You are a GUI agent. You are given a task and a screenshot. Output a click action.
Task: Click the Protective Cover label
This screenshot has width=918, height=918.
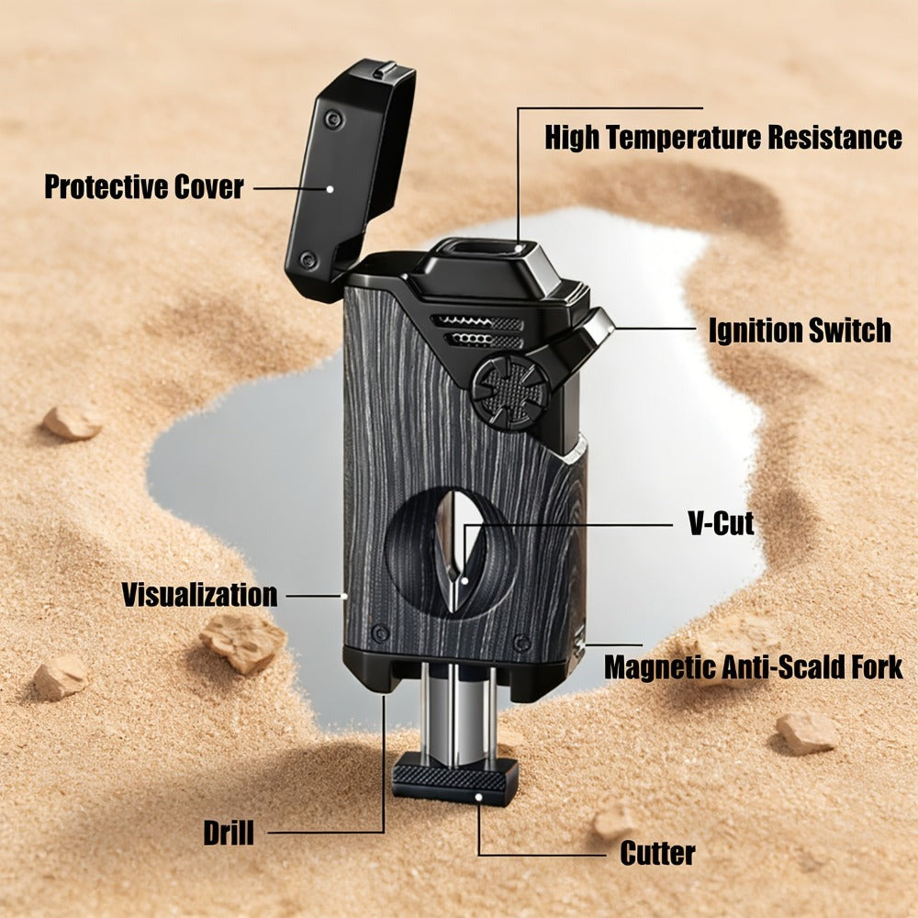(144, 187)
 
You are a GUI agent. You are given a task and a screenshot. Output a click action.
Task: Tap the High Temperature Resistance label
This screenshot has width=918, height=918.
(723, 138)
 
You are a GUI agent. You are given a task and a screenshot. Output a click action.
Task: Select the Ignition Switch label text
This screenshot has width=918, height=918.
(800, 330)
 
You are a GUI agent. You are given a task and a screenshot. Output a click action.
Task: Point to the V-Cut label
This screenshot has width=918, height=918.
(722, 523)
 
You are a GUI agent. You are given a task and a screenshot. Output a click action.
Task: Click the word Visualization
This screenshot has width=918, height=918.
(199, 595)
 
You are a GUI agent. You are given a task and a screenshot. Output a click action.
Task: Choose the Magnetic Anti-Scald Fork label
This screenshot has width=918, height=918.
(754, 667)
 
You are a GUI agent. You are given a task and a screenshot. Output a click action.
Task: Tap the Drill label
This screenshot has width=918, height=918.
(229, 833)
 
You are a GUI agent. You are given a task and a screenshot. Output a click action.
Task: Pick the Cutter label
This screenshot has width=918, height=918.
(657, 853)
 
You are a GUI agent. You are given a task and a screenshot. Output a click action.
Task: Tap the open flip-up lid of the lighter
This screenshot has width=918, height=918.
(350, 175)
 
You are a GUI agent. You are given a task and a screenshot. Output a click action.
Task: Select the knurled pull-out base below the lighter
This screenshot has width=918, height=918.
(454, 777)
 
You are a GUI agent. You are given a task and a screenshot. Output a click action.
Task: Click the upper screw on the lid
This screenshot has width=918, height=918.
(334, 118)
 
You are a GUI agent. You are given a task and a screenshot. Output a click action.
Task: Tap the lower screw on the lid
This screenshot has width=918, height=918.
(308, 259)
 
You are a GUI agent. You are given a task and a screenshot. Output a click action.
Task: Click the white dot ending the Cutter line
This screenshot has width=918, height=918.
(478, 797)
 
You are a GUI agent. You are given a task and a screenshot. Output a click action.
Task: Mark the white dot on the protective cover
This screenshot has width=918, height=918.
(330, 189)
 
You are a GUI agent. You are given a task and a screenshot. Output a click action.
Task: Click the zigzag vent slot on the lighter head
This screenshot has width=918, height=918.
(477, 321)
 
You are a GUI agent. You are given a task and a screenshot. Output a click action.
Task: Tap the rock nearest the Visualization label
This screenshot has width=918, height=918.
(243, 643)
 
